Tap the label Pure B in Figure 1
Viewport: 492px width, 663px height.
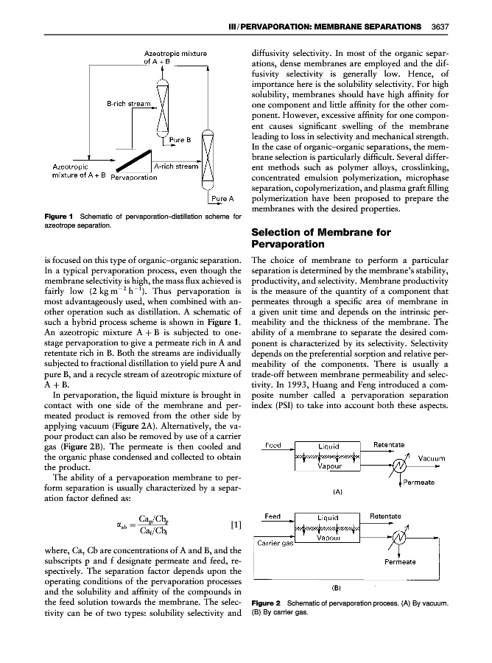pos(180,138)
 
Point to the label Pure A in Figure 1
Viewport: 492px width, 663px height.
pos(222,199)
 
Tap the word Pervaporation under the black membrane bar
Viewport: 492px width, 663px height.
pos(133,178)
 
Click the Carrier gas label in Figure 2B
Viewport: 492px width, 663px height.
pos(275,544)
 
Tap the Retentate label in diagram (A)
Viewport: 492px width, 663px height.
pos(386,444)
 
